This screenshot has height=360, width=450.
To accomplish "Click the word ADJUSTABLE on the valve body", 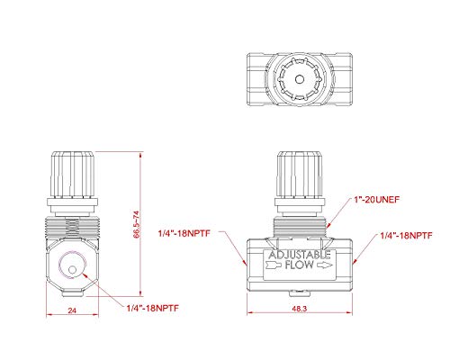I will pos(299,256).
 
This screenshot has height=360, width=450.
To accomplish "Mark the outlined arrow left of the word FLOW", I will pos(274,267).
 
